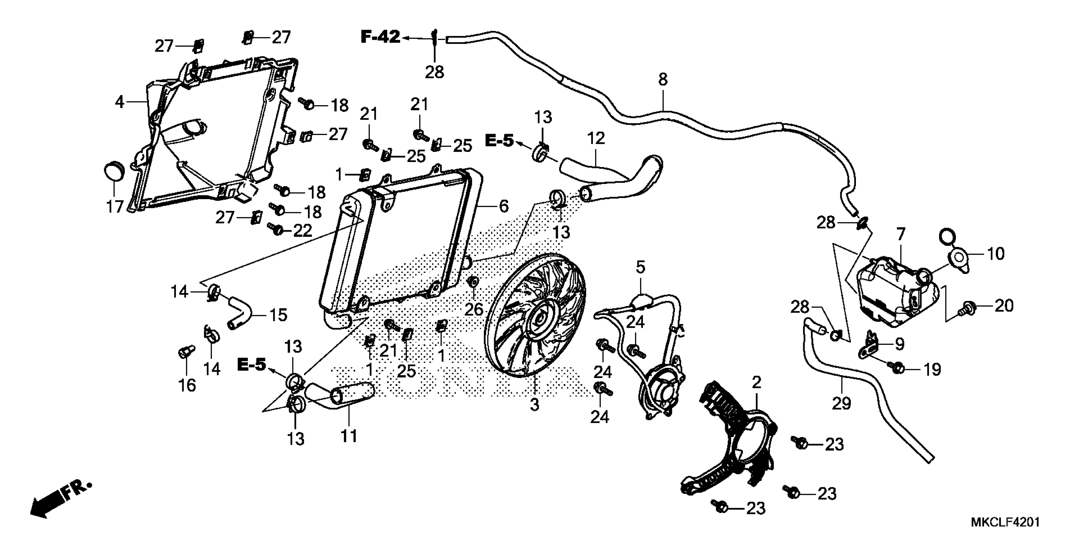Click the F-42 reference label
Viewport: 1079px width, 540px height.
[380, 37]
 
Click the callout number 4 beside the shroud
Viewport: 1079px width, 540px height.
[120, 102]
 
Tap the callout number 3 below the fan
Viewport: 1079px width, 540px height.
[534, 405]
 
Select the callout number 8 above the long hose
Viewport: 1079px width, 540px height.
[663, 79]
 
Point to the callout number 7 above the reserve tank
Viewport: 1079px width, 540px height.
[901, 233]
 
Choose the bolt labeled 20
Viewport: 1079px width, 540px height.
[969, 308]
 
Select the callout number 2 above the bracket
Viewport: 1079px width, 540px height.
[756, 382]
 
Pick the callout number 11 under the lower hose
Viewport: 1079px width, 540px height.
[349, 436]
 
